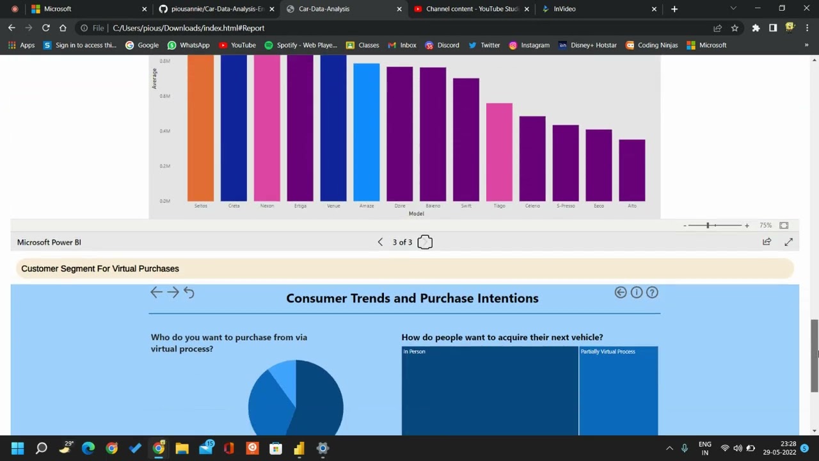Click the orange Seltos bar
click(x=200, y=128)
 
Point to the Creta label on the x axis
click(x=234, y=206)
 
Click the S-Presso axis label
click(x=566, y=206)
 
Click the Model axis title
click(x=416, y=214)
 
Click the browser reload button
click(x=45, y=28)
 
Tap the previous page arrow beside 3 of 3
click(x=380, y=242)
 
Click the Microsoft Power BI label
click(x=49, y=242)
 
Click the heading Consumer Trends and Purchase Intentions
click(x=412, y=298)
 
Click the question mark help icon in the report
click(x=652, y=293)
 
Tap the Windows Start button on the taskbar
click(x=17, y=448)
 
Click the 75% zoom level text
click(x=765, y=225)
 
